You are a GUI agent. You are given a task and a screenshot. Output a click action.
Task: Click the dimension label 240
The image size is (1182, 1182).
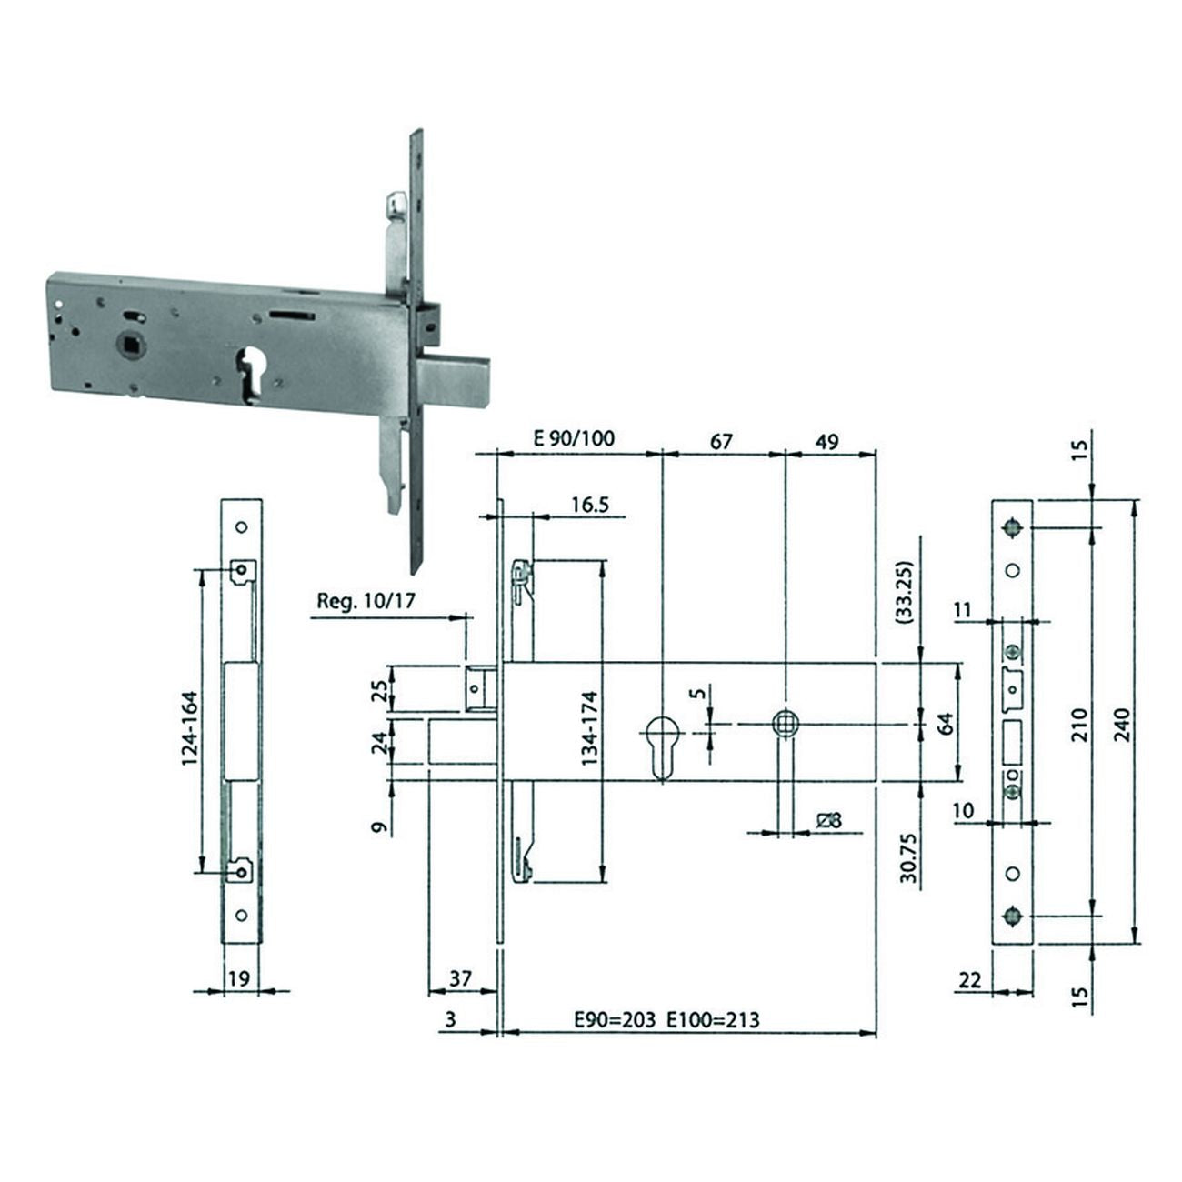[1123, 725]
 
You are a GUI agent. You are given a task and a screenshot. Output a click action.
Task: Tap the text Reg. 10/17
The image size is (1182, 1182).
[366, 600]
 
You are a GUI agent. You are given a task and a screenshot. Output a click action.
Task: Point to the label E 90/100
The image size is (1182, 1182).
[574, 438]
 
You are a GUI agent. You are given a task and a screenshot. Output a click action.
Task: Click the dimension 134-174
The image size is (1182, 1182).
[589, 728]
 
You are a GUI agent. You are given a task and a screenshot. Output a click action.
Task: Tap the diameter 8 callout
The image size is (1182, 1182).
[830, 820]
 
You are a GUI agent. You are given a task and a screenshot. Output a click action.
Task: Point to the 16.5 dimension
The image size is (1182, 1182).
[590, 505]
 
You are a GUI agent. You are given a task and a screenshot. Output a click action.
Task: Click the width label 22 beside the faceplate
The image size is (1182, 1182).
[970, 980]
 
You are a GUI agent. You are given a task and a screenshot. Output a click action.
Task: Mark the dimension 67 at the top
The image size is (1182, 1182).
[720, 441]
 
